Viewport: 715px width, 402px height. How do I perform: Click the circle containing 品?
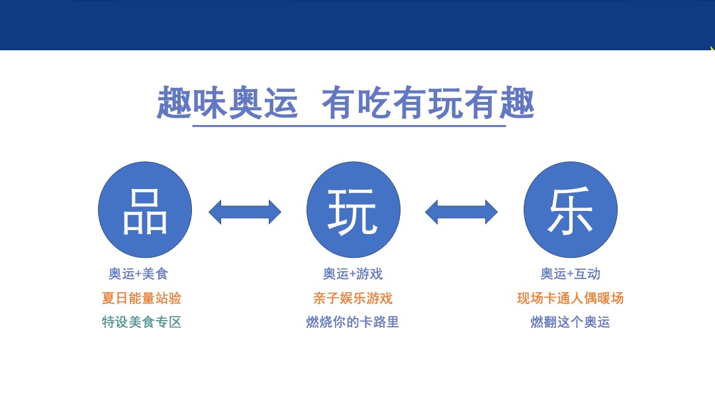point(145,210)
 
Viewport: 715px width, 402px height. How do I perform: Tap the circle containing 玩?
point(354,210)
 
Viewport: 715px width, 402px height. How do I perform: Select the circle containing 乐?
point(570,210)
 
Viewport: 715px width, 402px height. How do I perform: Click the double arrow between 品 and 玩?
point(245,212)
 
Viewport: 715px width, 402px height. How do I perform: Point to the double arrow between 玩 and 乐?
point(461,212)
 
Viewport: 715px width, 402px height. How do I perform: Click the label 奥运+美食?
point(138,274)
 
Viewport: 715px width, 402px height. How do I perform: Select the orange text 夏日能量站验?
point(142,298)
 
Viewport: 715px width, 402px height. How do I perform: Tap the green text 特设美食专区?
point(142,322)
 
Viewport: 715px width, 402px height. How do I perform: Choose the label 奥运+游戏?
point(353,274)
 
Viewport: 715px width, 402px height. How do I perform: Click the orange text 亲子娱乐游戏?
point(353,298)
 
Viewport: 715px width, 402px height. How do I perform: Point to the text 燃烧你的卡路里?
point(353,322)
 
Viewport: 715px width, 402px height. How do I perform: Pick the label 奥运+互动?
point(570,274)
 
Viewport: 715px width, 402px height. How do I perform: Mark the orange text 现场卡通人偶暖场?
point(570,298)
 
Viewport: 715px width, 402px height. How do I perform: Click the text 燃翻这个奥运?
point(570,322)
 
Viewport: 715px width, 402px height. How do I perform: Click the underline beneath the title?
point(349,125)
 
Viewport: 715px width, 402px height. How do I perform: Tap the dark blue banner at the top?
point(358,25)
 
